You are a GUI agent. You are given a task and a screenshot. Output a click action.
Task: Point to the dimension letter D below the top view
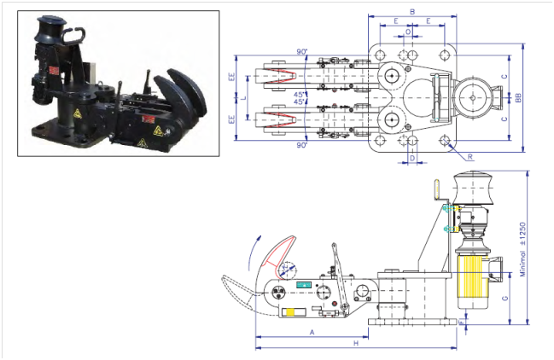[x=411, y=158]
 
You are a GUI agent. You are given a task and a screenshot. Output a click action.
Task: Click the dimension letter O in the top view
[x=409, y=32]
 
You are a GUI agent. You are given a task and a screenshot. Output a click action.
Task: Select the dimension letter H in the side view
[x=356, y=342]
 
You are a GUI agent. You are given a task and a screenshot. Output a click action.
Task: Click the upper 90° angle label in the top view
[x=303, y=52]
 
